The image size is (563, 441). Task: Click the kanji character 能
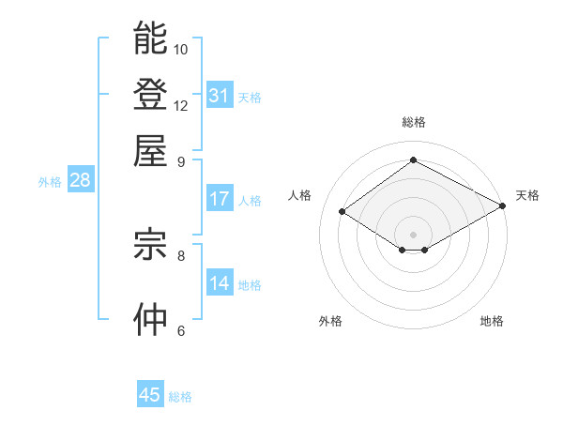[150, 38]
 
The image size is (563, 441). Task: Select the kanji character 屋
[150, 149]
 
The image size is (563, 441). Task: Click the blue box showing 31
[220, 96]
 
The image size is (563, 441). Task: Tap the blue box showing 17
[220, 199]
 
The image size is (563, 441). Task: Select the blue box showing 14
[220, 283]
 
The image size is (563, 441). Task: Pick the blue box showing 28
[80, 181]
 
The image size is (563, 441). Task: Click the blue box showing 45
[150, 395]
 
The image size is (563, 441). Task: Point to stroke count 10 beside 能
[181, 49]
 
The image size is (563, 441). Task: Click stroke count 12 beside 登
[181, 105]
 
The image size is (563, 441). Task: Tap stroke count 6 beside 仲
[181, 330]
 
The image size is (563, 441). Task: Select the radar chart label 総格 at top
[414, 122]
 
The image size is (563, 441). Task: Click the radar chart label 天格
[527, 195]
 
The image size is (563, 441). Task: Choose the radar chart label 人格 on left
[300, 195]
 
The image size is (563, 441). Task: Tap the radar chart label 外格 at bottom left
[330, 321]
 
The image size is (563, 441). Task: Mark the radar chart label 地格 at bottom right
[492, 321]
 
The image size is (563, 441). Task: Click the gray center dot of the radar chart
[414, 234]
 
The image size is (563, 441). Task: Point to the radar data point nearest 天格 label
[504, 205]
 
